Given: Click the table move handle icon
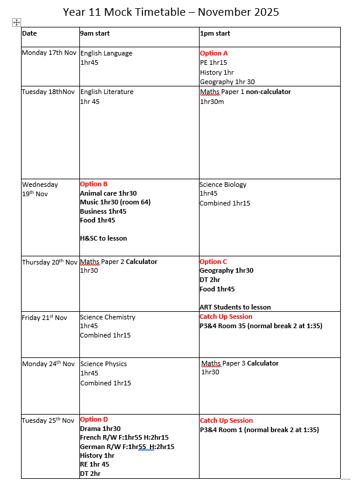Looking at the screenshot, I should click(x=16, y=22).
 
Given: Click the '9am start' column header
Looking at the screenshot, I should click(x=95, y=33).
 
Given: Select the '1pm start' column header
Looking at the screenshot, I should click(x=215, y=33).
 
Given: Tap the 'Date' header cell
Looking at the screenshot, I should click(x=29, y=33).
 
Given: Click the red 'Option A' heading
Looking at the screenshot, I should click(x=214, y=53).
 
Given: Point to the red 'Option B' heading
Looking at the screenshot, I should click(x=94, y=184).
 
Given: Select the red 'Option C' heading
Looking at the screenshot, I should click(x=214, y=262).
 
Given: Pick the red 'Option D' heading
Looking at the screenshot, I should click(x=94, y=419).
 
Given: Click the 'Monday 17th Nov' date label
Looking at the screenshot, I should click(x=49, y=53).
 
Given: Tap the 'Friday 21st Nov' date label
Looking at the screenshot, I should click(x=44, y=318).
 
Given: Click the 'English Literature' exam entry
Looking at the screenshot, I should click(x=107, y=92).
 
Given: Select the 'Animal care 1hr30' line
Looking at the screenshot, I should click(x=109, y=193).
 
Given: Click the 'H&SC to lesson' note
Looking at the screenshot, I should click(x=103, y=238).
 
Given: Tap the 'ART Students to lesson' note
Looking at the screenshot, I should click(x=235, y=307).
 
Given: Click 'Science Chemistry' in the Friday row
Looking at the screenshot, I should click(x=107, y=317).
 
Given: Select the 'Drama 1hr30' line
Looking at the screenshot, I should click(x=100, y=429).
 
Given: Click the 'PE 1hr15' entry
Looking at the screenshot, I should click(x=214, y=62).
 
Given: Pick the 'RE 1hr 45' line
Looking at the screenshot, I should click(x=95, y=464).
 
